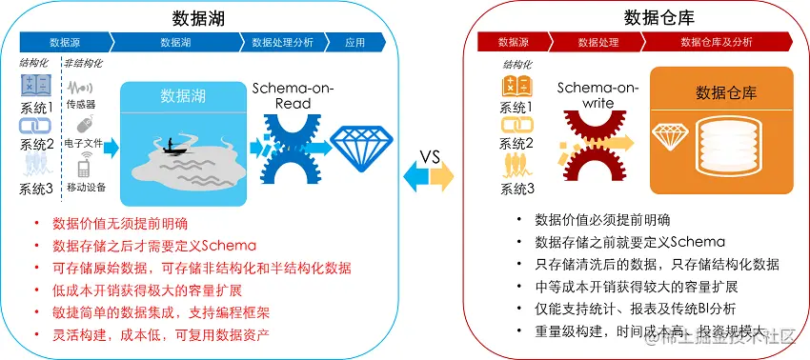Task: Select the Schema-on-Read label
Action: [283, 95]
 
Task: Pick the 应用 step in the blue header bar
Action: [355, 42]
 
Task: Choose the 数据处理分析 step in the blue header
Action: [282, 42]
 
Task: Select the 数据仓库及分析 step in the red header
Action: [716, 42]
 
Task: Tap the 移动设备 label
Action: [86, 188]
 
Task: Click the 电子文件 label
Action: [85, 143]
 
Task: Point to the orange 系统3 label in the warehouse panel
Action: [517, 189]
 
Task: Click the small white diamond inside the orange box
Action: [669, 135]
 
